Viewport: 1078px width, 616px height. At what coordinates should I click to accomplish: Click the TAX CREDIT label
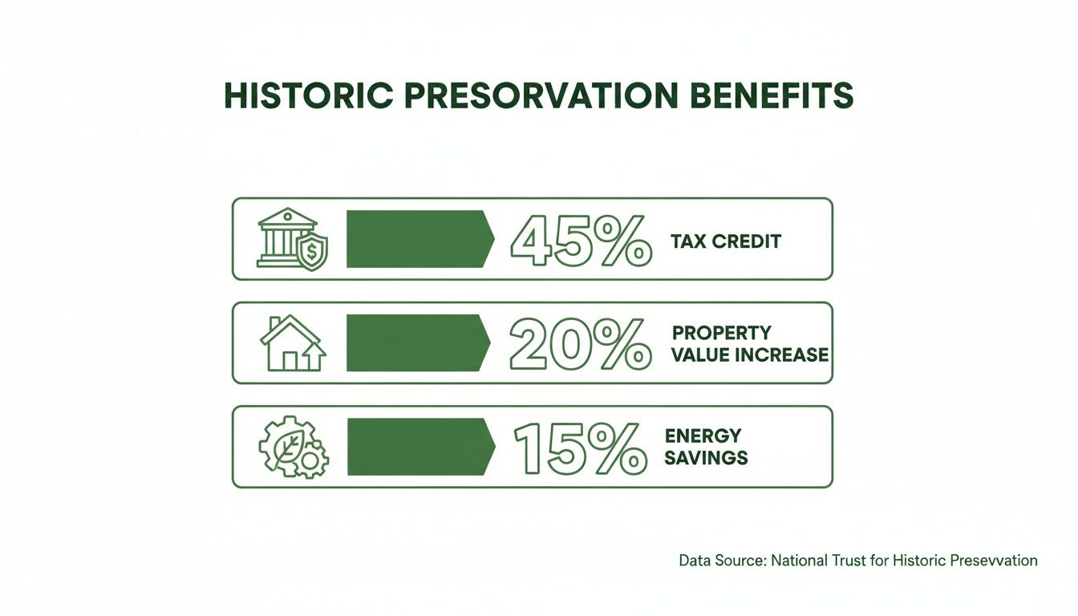[726, 241]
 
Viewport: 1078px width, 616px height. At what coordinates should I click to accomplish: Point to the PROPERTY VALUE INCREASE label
[750, 343]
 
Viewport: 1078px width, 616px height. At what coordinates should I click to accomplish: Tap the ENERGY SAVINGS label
[706, 447]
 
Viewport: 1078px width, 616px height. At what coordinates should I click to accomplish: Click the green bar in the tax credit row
[417, 239]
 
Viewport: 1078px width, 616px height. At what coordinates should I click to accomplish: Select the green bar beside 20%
[417, 343]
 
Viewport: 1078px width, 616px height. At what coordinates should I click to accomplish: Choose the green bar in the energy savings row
[417, 447]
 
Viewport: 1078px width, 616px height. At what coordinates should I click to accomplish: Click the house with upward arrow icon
[292, 343]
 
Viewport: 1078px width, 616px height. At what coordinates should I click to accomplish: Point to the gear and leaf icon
[293, 448]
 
